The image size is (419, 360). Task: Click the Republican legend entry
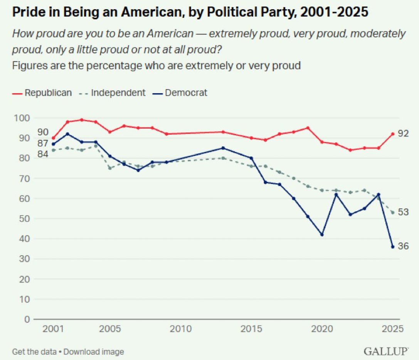coord(42,93)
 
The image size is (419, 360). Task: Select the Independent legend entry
coord(112,93)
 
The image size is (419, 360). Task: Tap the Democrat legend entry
coord(181,93)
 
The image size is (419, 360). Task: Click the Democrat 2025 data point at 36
coord(392,247)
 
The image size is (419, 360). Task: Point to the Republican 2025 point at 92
coord(392,134)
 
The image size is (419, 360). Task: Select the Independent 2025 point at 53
coord(392,213)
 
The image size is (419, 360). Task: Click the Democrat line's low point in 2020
coord(322,234)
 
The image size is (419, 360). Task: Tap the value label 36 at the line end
coord(403,246)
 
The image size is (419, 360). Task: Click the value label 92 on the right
coord(403,134)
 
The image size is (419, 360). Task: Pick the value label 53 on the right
coord(403,212)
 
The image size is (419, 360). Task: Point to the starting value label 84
coord(43,154)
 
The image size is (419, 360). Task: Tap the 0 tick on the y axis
coord(27,319)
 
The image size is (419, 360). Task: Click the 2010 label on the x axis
coord(180,330)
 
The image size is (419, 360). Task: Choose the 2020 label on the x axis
coord(322,330)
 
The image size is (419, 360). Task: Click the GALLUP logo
coord(385,352)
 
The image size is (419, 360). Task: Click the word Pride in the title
coord(27,12)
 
